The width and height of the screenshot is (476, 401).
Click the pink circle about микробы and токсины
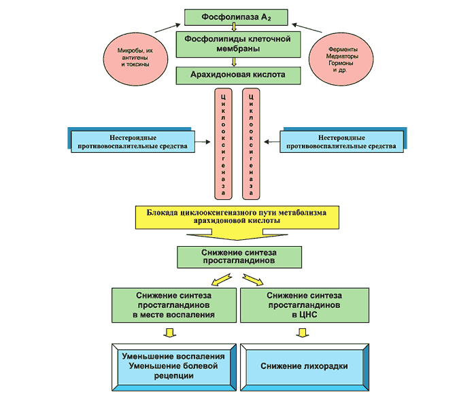135,56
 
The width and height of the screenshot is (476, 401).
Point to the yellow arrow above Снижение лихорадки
301,332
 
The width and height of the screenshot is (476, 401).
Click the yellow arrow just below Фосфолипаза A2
234,28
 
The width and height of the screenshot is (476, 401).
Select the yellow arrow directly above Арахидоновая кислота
234,61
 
